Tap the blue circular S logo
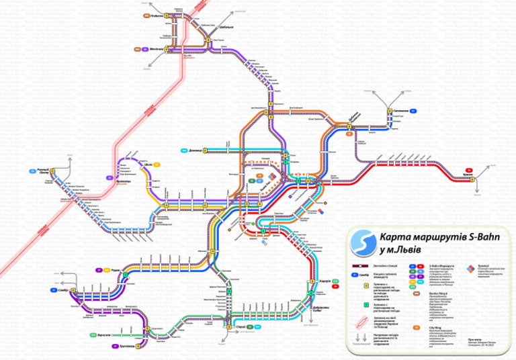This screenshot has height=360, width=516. tap(363, 242)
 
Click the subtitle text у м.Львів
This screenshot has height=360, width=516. tap(402, 250)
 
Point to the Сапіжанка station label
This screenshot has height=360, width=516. tap(401, 111)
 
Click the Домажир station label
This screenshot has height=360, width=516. tap(196, 150)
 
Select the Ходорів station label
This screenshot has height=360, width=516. tap(325, 281)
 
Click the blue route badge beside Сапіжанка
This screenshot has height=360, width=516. tap(413, 111)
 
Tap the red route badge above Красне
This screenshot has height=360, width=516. tap(469, 169)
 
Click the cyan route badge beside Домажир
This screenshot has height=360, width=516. tap(183, 150)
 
